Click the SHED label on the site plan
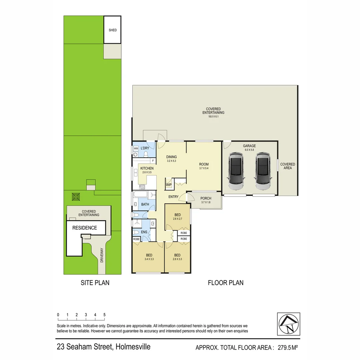(x=113, y=30)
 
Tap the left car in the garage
(x=236, y=172)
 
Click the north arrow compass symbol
(x=288, y=324)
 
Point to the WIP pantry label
(x=169, y=185)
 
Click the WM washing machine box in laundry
(x=136, y=148)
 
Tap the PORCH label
(x=206, y=198)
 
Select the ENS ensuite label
(x=144, y=232)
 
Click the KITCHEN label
(x=147, y=168)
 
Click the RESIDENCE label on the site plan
(x=85, y=228)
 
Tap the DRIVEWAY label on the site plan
(x=102, y=257)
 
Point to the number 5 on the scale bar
(x=104, y=315)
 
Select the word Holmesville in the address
(x=133, y=347)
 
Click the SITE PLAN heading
(x=95, y=283)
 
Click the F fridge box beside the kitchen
(x=152, y=160)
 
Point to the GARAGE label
(x=249, y=146)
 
